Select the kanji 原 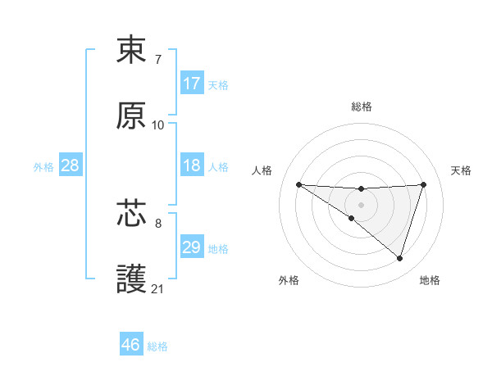[132, 115]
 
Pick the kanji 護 [132, 279]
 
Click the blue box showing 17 [192, 84]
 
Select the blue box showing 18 [192, 165]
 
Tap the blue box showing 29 [192, 247]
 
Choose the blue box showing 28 [71, 165]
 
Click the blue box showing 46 [131, 345]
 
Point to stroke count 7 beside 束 [158, 60]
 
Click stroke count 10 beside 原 [158, 125]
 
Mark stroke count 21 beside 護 [158, 289]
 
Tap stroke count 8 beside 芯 [158, 223]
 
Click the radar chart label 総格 [362, 106]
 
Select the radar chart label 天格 [461, 170]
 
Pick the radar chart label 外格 [289, 280]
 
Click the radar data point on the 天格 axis [424, 184]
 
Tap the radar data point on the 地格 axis [400, 259]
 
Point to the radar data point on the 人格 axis [299, 184]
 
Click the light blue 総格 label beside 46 [157, 346]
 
